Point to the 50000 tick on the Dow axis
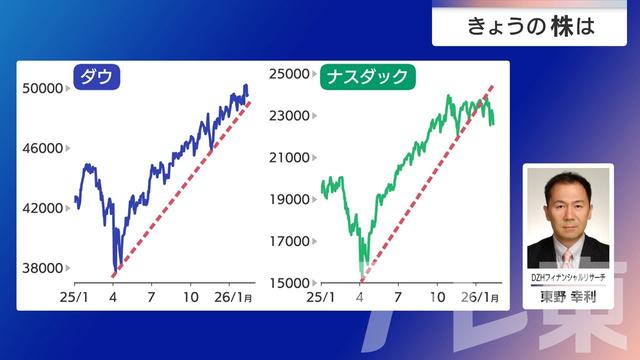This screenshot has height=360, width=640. pyautogui.click(x=43, y=89)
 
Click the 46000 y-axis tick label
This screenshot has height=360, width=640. pyautogui.click(x=43, y=149)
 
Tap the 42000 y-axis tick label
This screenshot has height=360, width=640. pyautogui.click(x=43, y=209)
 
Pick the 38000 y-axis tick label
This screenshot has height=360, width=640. pyautogui.click(x=43, y=268)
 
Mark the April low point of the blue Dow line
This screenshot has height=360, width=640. pyautogui.click(x=115, y=270)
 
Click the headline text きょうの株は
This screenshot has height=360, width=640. pyautogui.click(x=530, y=27)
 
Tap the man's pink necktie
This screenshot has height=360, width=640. pyautogui.click(x=567, y=257)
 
